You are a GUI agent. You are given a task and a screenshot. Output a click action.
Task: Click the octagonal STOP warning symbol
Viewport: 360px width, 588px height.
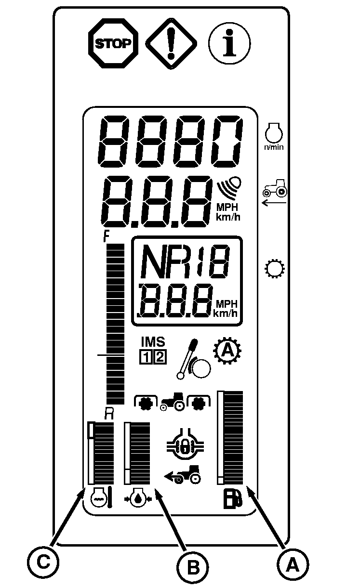click(113, 44)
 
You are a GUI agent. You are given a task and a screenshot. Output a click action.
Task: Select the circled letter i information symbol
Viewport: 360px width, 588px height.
click(229, 43)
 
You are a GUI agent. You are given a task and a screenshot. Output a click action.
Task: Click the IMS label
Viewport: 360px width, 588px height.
click(153, 341)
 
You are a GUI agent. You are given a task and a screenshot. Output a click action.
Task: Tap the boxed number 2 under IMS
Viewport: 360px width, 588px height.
click(160, 357)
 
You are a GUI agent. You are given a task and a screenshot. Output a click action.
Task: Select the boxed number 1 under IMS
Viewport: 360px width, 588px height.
click(146, 357)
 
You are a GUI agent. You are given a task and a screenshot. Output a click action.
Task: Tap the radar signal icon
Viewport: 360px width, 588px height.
click(230, 186)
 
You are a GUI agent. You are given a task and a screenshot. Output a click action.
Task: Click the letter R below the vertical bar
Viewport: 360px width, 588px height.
click(109, 413)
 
